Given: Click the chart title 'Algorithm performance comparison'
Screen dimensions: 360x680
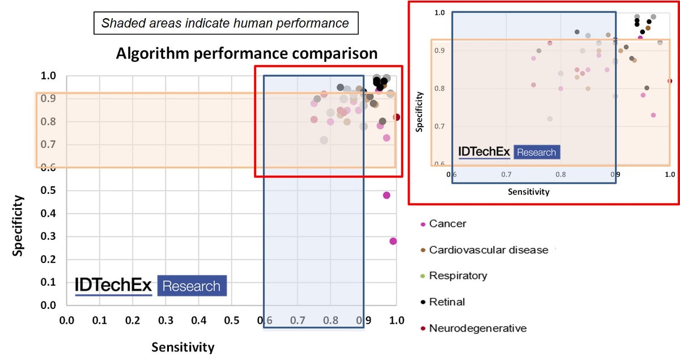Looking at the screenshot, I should click(246, 54).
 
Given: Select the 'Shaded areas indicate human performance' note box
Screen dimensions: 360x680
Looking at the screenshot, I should click(225, 24).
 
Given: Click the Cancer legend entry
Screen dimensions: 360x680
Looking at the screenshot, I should click(447, 224).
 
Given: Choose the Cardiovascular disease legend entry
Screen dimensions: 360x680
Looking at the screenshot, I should click(488, 250).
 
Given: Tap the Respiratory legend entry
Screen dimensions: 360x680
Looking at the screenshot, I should click(457, 276).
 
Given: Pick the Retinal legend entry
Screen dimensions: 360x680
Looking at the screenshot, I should click(447, 302).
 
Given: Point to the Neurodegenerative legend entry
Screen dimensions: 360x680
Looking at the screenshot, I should click(477, 328).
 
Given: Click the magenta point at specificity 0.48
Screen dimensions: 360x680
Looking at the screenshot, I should click(386, 196).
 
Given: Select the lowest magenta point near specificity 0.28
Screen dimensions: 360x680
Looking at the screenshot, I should click(393, 241).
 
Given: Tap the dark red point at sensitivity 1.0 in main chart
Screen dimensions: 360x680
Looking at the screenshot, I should click(397, 117).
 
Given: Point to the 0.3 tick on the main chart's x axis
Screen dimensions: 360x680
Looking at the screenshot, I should click(165, 320).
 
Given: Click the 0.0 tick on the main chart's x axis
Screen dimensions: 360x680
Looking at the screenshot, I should click(67, 320).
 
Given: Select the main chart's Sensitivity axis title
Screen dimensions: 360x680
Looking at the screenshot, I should click(182, 347).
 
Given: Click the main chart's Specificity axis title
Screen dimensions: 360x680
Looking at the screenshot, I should click(19, 226).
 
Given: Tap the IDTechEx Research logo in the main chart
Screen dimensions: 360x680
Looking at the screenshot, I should click(151, 286).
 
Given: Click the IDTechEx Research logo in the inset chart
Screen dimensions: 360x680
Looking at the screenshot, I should click(509, 153).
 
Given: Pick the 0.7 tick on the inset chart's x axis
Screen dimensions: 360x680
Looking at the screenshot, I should click(506, 175).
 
